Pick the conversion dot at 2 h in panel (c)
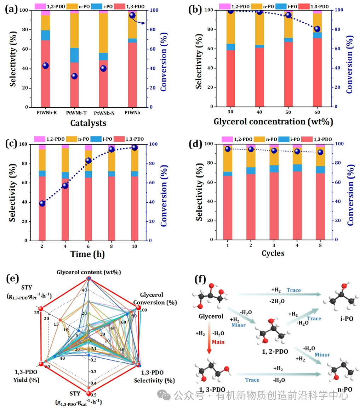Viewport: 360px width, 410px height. coord(42,203)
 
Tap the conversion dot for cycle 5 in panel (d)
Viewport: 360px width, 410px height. coord(320,152)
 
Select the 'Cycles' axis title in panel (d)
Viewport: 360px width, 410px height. coord(273,253)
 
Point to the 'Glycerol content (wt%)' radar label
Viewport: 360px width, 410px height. coord(89,272)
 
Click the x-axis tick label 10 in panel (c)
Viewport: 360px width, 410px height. coord(135,246)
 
